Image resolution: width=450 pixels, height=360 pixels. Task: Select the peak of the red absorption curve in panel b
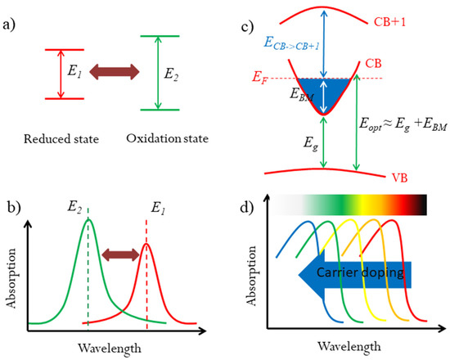coord(146,243)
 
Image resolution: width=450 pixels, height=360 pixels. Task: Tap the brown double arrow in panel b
coord(118,259)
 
